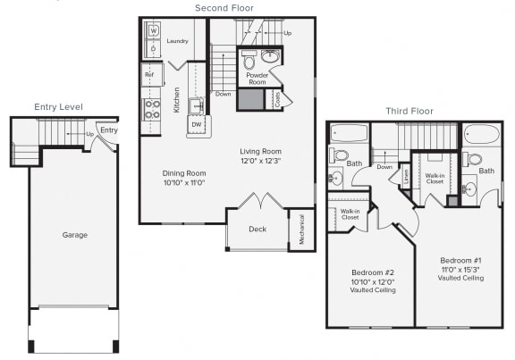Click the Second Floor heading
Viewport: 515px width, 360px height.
pyautogui.click(x=224, y=8)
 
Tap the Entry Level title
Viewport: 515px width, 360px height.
pyautogui.click(x=58, y=107)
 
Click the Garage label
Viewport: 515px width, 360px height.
pyautogui.click(x=74, y=235)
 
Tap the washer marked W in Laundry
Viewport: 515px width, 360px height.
pyautogui.click(x=153, y=30)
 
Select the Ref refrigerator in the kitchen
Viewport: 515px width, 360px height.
pyautogui.click(x=150, y=75)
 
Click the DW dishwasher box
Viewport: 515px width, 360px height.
pyautogui.click(x=198, y=125)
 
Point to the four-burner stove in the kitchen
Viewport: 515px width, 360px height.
pyautogui.click(x=152, y=109)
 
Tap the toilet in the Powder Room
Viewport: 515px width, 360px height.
pyautogui.click(x=249, y=63)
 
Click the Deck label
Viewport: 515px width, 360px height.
pyautogui.click(x=257, y=230)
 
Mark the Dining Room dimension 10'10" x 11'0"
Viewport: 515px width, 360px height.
pyautogui.click(x=184, y=183)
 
